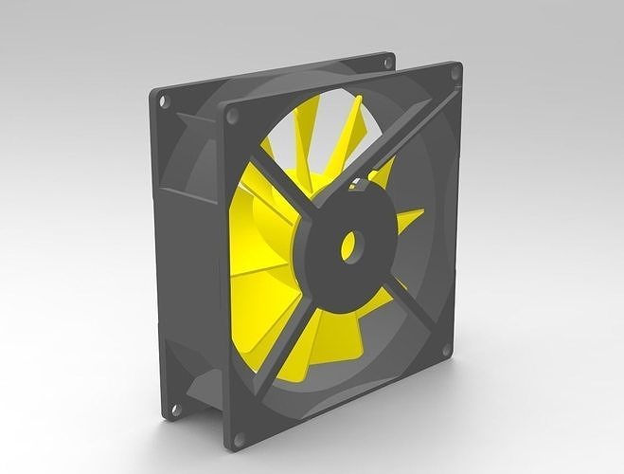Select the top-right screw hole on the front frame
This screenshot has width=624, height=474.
click(x=455, y=72)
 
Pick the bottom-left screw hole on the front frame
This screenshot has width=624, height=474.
click(x=238, y=438)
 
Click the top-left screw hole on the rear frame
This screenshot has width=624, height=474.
click(x=162, y=99)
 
